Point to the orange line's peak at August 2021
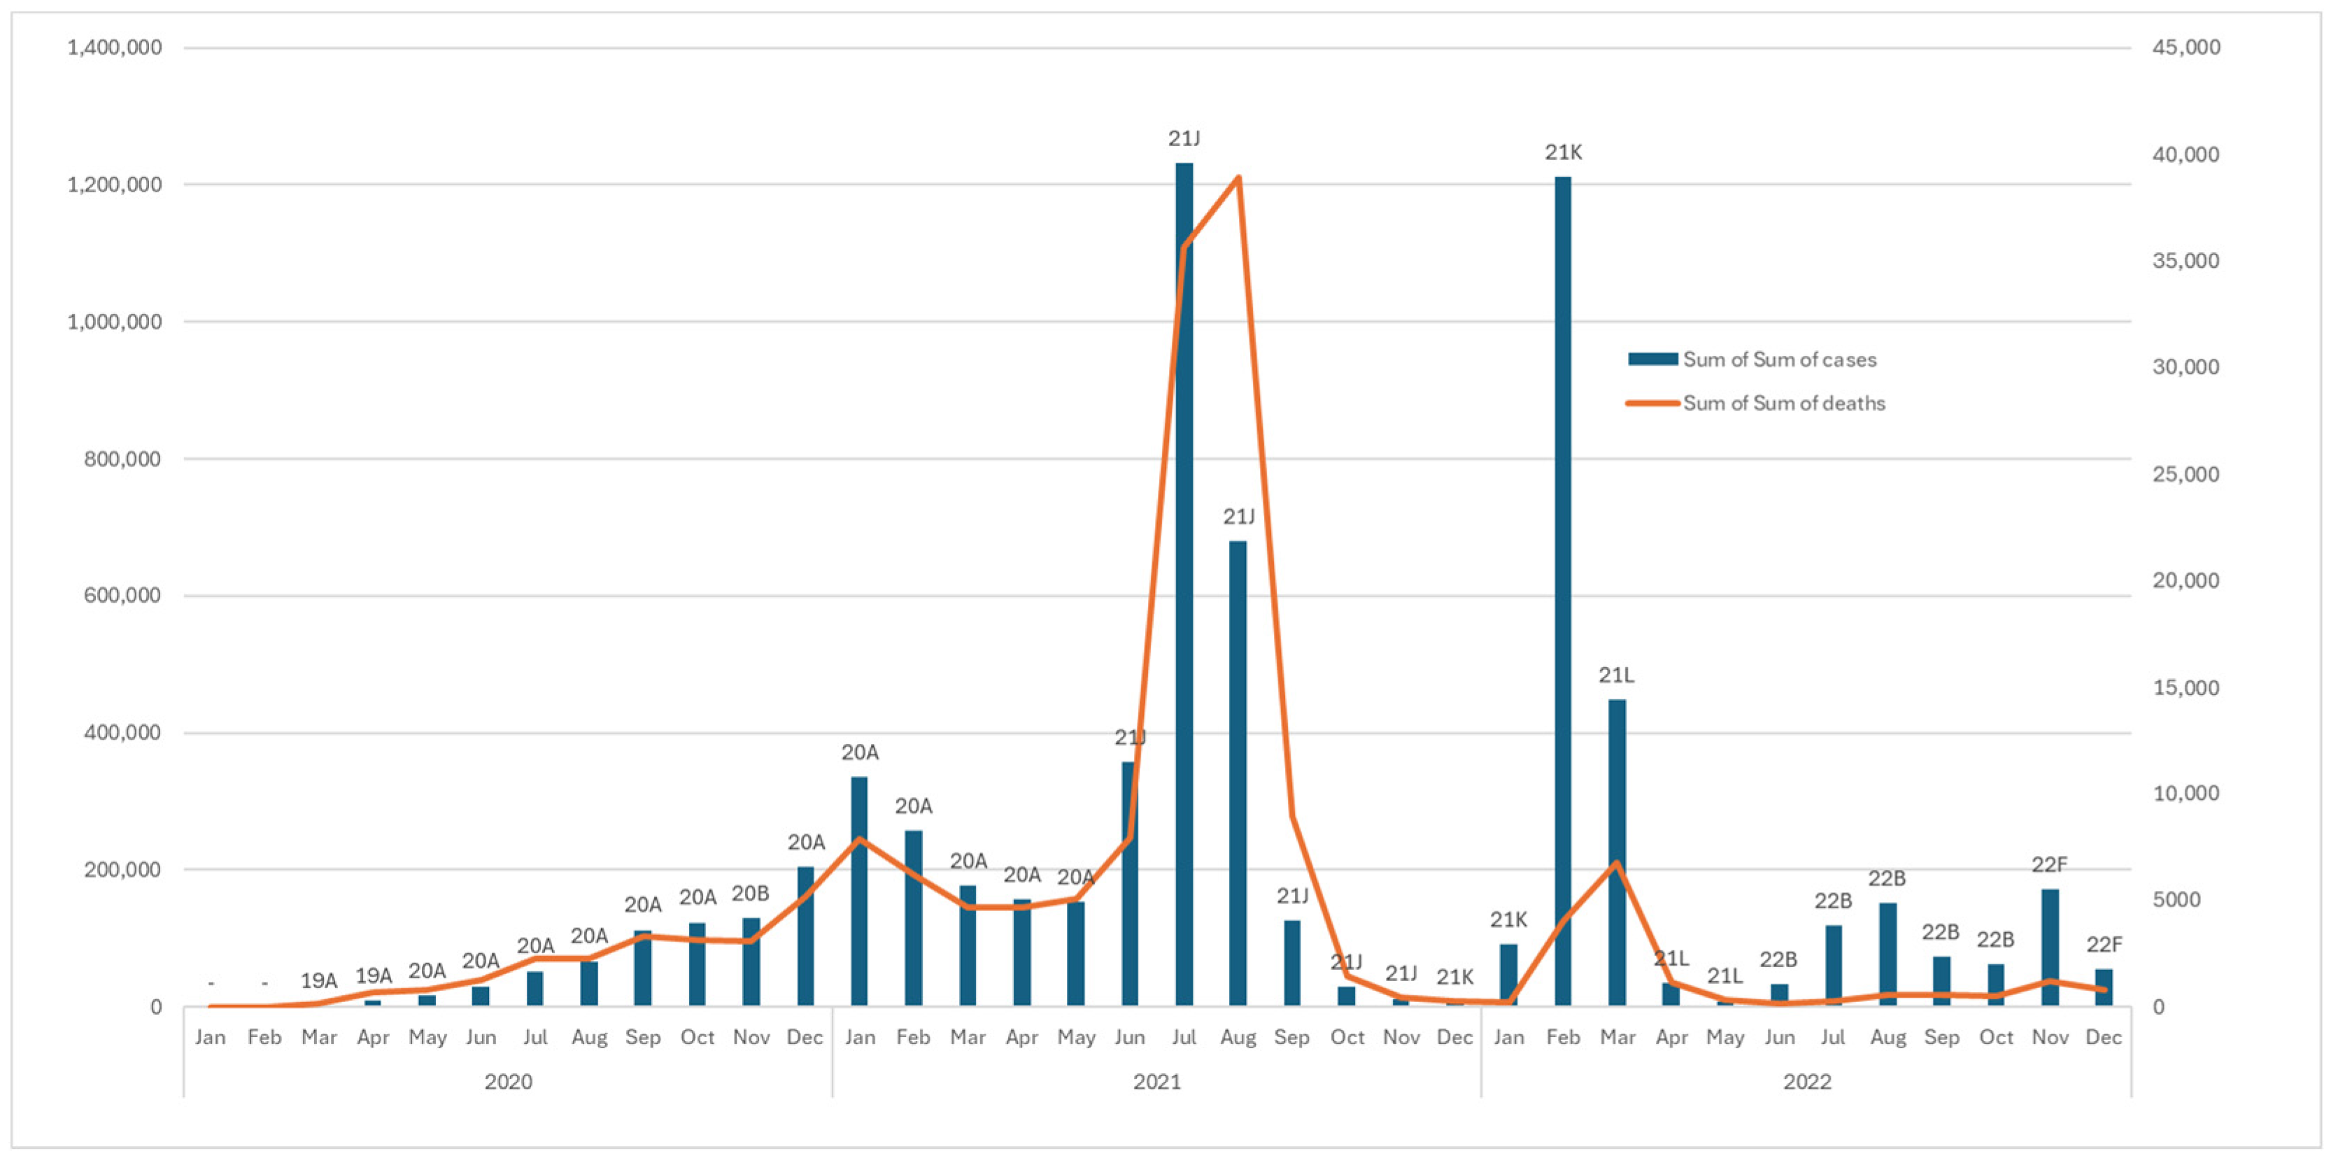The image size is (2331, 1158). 1238,178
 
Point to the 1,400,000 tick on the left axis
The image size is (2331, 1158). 114,47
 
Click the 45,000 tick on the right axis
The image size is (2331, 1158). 2186,47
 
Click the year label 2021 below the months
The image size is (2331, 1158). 1156,1081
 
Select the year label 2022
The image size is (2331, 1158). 1806,1081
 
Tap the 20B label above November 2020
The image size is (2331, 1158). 750,894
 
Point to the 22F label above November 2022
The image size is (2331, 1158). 2050,865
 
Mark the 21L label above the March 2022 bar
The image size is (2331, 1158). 1616,675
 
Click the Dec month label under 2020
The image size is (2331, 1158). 805,1037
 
